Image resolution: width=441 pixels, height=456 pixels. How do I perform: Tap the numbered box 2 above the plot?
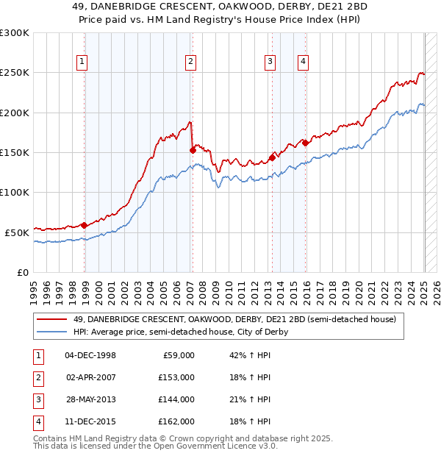pyautogui.click(x=190, y=62)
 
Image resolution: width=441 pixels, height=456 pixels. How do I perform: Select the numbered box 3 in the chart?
pyautogui.click(x=270, y=62)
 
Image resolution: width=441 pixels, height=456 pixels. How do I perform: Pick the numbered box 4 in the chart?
pyautogui.click(x=303, y=62)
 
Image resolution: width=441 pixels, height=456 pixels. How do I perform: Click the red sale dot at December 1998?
pyautogui.click(x=85, y=225)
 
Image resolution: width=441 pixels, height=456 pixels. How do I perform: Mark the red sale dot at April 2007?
pyautogui.click(x=193, y=150)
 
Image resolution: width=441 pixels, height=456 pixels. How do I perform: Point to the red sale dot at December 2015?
pyautogui.click(x=306, y=143)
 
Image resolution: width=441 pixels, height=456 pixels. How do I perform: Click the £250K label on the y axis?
pyautogui.click(x=14, y=73)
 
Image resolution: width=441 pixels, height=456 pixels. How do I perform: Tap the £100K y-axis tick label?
pyautogui.click(x=14, y=192)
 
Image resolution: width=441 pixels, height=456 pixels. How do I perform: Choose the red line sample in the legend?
pyautogui.click(x=53, y=319)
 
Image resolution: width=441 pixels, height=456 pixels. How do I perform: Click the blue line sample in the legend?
pyautogui.click(x=53, y=332)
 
